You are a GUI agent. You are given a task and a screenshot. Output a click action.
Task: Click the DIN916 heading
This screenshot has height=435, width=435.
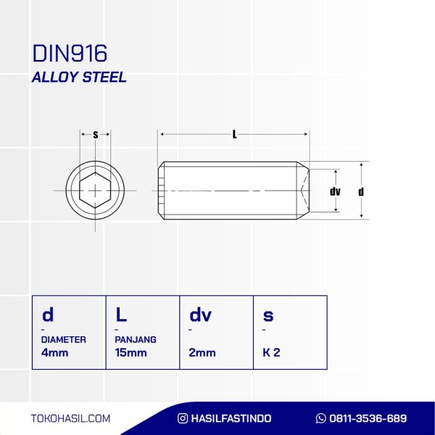tap(70, 53)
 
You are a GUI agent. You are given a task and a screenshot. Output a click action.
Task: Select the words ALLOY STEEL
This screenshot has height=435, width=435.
tap(79, 77)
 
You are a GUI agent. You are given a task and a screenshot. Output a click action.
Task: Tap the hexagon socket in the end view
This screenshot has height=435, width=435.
tap(95, 190)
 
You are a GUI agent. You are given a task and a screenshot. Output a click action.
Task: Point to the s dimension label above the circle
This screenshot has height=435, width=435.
tap(96, 135)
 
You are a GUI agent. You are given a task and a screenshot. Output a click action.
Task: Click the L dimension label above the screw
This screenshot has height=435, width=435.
tap(234, 135)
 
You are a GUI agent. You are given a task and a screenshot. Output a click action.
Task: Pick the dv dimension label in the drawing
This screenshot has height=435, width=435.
tap(335, 191)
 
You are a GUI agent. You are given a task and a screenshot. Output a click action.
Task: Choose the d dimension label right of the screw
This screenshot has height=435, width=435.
tap(361, 191)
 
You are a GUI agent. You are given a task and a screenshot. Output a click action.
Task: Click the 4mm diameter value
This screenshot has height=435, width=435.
tap(54, 352)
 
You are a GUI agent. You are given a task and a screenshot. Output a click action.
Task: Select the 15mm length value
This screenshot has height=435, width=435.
tap(130, 352)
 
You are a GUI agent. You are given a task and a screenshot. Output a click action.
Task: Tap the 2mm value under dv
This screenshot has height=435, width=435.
tap(202, 352)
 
